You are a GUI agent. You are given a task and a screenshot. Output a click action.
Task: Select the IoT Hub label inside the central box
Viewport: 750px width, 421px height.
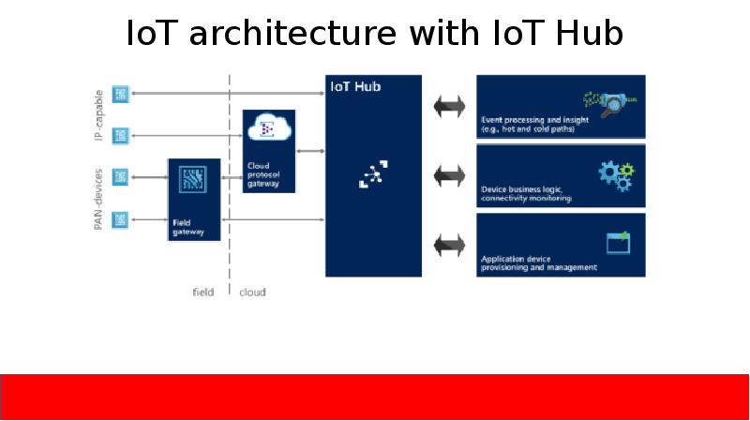click(x=355, y=87)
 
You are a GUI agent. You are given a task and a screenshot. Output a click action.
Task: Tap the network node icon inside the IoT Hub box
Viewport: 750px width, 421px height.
click(x=373, y=174)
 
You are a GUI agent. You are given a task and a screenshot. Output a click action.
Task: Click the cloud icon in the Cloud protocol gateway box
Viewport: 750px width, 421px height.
click(x=268, y=129)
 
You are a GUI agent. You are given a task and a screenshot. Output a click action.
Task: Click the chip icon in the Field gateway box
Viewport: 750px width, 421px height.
click(x=193, y=180)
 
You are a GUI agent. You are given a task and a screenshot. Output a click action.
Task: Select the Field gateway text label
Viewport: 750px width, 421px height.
click(x=187, y=228)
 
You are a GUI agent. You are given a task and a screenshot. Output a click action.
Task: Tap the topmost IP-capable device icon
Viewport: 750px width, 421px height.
click(x=120, y=94)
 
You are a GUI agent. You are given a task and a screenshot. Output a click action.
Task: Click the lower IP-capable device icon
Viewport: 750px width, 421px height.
click(x=120, y=136)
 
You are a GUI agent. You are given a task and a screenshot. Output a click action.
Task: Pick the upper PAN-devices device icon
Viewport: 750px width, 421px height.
click(x=120, y=176)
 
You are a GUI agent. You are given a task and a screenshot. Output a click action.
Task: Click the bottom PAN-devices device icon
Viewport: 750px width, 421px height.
click(x=120, y=219)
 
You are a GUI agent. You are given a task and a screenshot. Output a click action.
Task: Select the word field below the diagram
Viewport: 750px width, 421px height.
click(x=202, y=293)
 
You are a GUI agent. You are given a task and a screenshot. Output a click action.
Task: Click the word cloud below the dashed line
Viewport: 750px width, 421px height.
click(x=252, y=293)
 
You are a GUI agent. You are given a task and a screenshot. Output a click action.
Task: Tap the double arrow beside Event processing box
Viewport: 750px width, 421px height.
click(x=449, y=106)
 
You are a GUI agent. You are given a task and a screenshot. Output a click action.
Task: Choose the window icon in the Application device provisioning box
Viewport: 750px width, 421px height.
click(x=618, y=243)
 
